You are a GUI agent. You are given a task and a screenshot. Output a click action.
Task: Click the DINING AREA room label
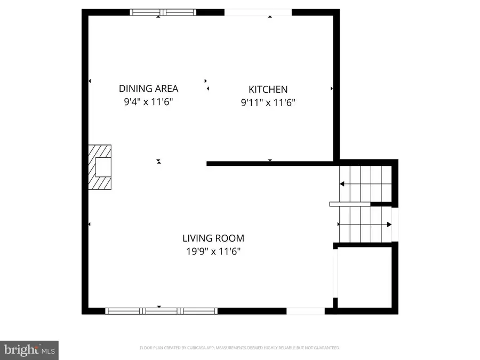tap(148, 89)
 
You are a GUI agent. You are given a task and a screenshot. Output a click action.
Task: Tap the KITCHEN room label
tap(268, 90)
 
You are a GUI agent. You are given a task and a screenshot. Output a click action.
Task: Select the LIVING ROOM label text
tap(213, 238)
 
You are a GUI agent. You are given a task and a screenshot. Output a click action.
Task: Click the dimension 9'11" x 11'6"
tap(268, 102)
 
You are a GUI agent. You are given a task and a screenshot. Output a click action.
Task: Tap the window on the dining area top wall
tap(163, 12)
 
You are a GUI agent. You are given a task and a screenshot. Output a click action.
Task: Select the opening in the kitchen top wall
tap(258, 12)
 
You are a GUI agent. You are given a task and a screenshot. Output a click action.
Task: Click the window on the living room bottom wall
tap(161, 311)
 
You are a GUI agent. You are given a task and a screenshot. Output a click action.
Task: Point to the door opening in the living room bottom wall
tap(306, 311)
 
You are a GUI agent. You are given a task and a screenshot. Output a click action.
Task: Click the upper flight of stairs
tap(365, 183)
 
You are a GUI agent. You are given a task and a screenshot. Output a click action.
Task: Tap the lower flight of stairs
tap(365, 224)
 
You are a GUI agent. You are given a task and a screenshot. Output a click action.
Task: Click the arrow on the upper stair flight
tap(342, 184)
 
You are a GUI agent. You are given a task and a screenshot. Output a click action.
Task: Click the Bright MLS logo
tap(29, 350)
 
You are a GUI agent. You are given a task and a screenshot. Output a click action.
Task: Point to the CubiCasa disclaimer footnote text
tap(239, 348)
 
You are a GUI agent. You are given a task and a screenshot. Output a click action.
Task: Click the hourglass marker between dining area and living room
tap(158, 161)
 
